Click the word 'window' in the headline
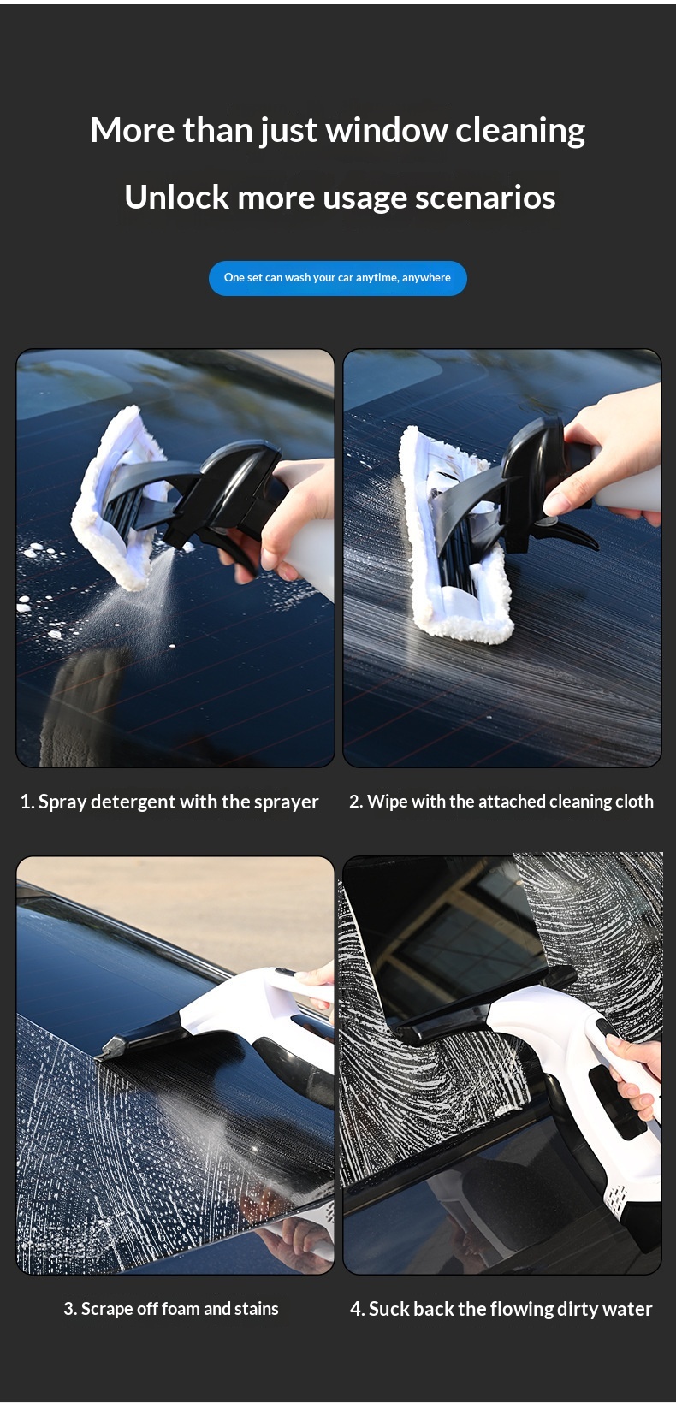387,130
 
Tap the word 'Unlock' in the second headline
176,197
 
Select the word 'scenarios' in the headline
485,198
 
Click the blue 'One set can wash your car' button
338,277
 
